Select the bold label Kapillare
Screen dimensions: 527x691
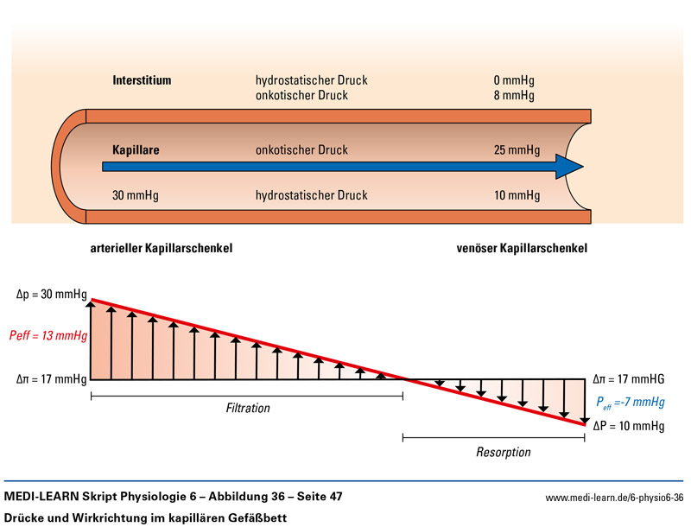point(136,149)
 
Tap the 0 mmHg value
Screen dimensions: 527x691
point(514,80)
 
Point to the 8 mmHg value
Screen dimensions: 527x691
point(514,95)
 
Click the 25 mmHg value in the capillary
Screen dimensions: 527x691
point(517,149)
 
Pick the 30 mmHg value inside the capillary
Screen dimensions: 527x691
point(136,195)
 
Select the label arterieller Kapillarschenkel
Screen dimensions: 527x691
point(162,248)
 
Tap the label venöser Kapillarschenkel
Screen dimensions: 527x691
point(522,248)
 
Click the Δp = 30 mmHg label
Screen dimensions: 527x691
point(52,295)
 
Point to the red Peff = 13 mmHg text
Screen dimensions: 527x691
point(48,335)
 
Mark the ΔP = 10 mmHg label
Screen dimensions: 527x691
point(629,425)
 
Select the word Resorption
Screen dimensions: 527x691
point(503,452)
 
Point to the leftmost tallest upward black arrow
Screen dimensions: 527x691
point(91,337)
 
